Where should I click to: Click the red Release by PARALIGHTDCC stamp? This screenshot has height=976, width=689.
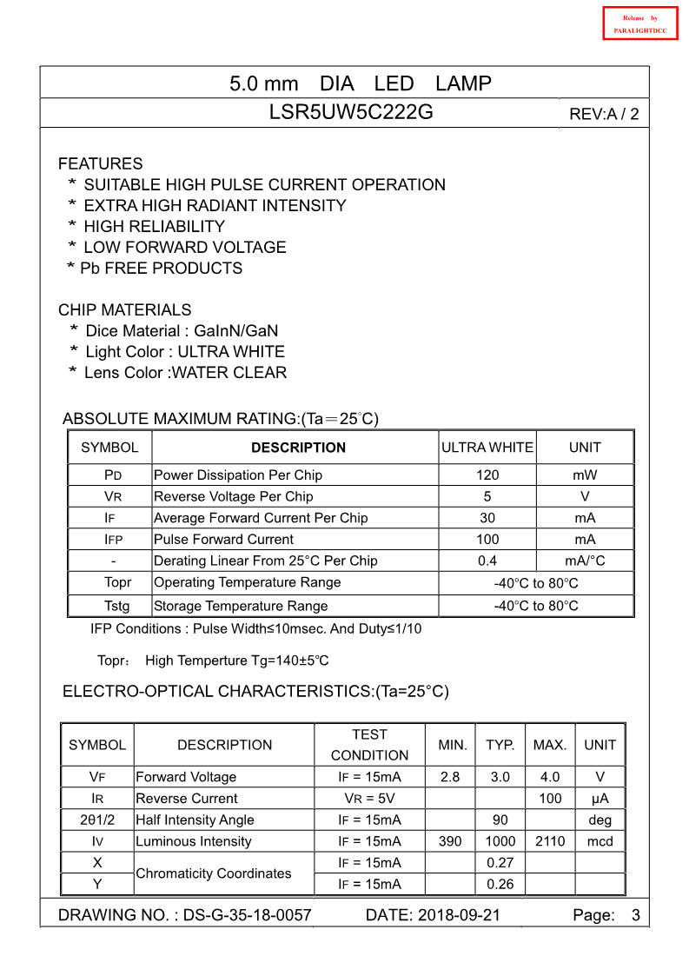tap(639, 23)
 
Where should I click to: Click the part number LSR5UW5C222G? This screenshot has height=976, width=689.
tap(351, 112)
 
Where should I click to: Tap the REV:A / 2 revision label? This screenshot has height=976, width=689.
tap(603, 114)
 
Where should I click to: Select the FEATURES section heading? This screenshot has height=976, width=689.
tap(100, 163)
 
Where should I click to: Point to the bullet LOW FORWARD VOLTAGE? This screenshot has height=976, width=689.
tap(184, 247)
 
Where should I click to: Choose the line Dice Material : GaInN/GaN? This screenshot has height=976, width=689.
tap(182, 330)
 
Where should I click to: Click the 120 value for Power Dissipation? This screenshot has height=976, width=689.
tap(487, 475)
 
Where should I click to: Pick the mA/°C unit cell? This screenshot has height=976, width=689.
tap(585, 561)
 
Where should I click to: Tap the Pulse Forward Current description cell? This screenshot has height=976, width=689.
tap(223, 539)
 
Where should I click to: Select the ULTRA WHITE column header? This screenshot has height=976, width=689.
tap(487, 447)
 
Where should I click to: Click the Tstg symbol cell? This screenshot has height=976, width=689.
tap(117, 606)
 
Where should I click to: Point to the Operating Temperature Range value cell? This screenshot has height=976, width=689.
tap(535, 583)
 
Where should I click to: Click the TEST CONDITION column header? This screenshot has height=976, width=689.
tap(369, 745)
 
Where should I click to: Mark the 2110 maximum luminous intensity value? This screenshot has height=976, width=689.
tap(550, 841)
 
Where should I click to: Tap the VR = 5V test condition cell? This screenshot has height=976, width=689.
tap(369, 798)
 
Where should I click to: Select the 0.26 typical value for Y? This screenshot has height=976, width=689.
tap(500, 884)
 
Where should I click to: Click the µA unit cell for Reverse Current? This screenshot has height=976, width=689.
tap(600, 798)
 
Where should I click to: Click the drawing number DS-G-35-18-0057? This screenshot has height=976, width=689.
tap(247, 915)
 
